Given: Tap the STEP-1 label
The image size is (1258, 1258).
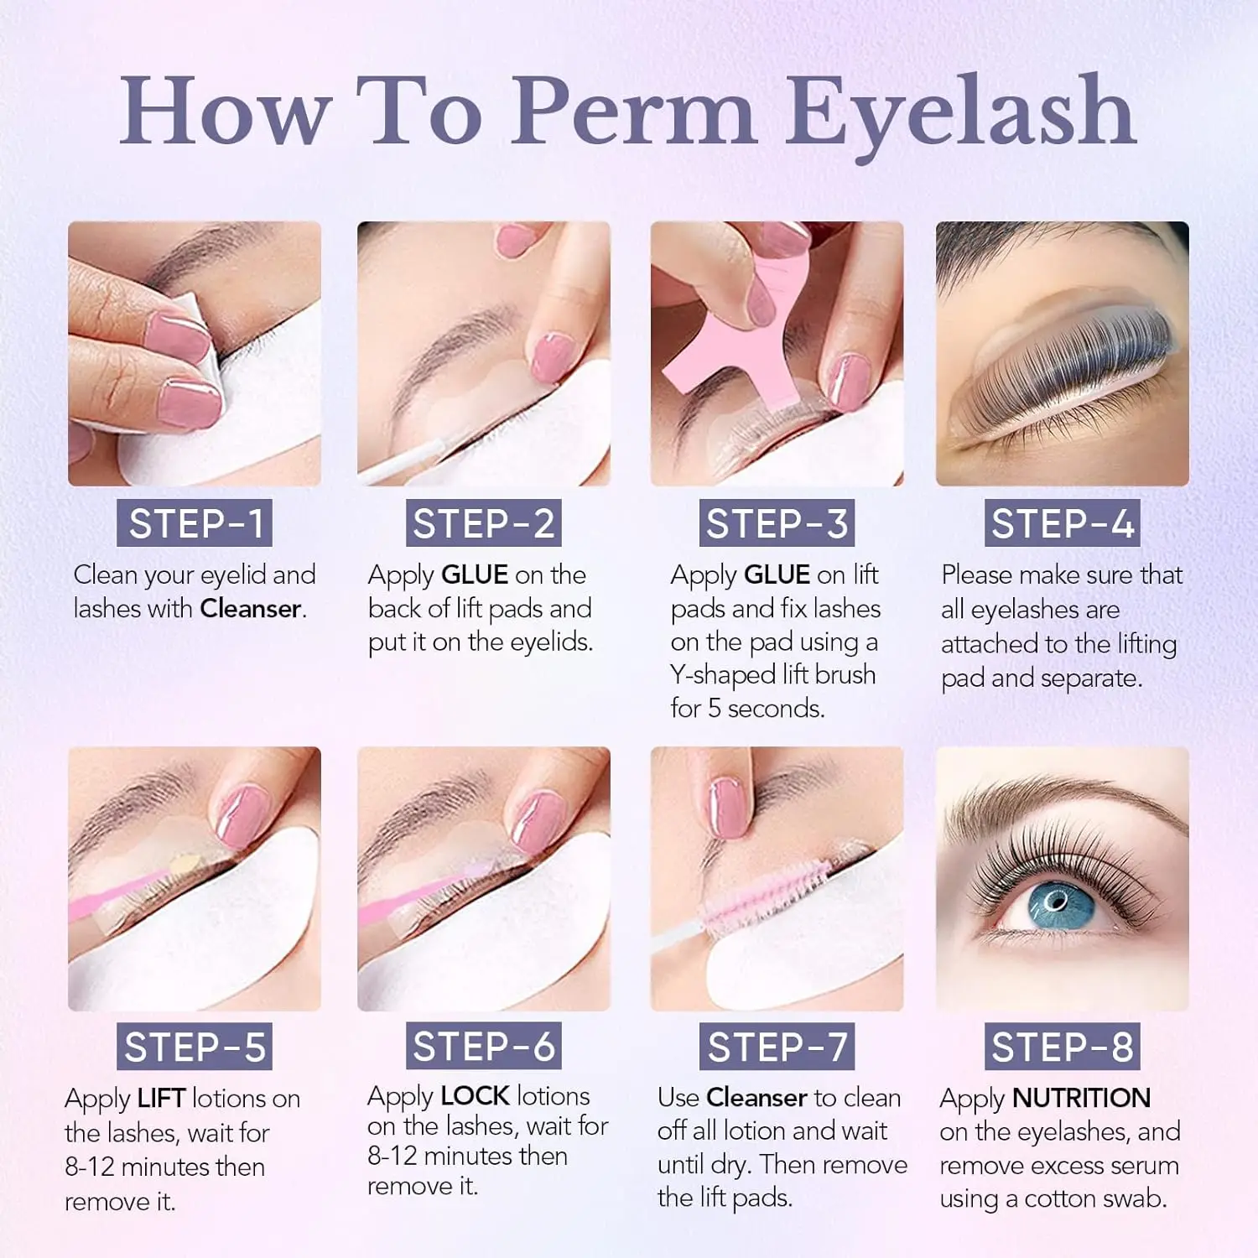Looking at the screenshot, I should pyautogui.click(x=195, y=524).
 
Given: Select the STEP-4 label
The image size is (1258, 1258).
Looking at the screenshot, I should pyautogui.click(x=1062, y=524).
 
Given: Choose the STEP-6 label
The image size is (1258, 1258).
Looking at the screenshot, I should pyautogui.click(x=484, y=1047).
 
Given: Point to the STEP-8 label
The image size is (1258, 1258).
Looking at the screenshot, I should pyautogui.click(x=1062, y=1047).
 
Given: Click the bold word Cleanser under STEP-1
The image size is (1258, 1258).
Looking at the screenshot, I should pyautogui.click(x=250, y=609).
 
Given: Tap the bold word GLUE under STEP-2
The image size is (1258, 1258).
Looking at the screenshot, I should pyautogui.click(x=475, y=575).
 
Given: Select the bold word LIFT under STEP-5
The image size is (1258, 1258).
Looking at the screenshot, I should pyautogui.click(x=161, y=1099).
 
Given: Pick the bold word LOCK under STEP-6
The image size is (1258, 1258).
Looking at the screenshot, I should pyautogui.click(x=475, y=1096).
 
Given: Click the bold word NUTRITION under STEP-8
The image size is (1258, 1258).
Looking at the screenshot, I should pyautogui.click(x=1081, y=1098).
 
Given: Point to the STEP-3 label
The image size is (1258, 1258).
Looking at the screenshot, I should pyautogui.click(x=777, y=524).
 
